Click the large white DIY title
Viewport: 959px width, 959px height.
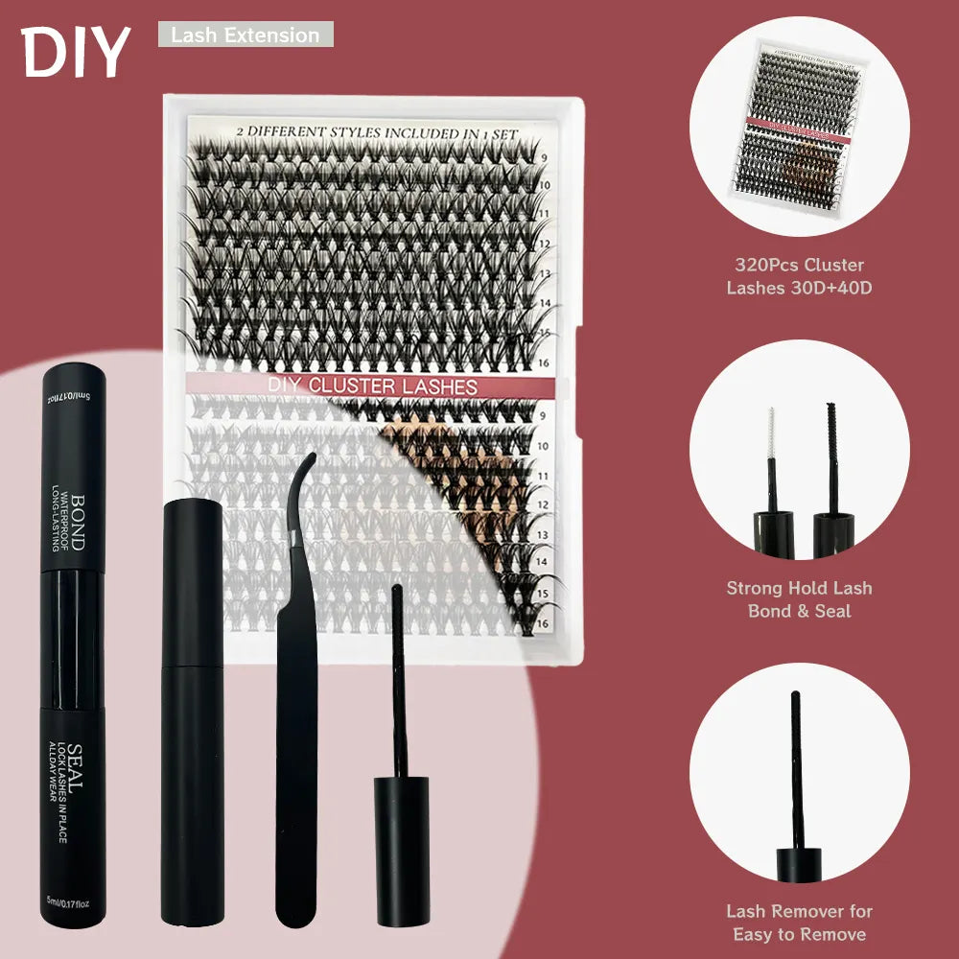click(x=75, y=52)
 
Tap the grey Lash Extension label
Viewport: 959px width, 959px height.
click(x=246, y=35)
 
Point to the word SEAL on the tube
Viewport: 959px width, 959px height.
click(x=77, y=767)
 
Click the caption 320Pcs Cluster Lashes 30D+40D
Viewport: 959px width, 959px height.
click(x=799, y=275)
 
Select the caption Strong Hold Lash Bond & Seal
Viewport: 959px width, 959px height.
click(x=799, y=599)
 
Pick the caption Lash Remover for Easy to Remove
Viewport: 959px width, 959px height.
click(x=799, y=923)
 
